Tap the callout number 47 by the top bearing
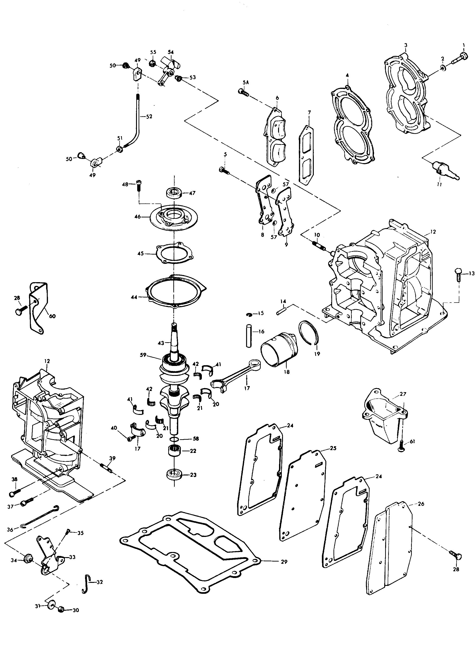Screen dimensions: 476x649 coord(192,193)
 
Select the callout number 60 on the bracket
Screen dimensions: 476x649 coord(52,316)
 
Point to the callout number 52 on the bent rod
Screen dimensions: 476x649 coord(149,116)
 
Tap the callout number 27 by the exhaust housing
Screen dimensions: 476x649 coord(403,394)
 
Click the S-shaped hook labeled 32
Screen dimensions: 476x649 coord(87,583)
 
